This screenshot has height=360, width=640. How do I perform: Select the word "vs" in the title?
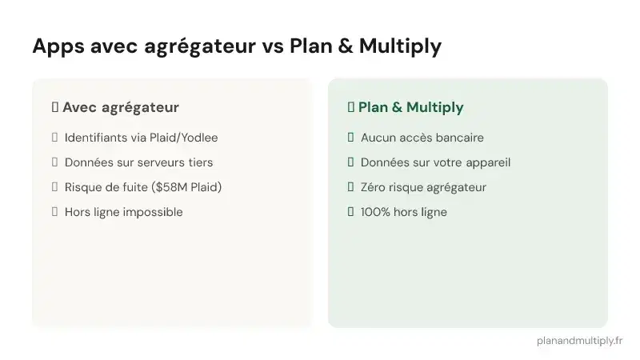[x=271, y=47]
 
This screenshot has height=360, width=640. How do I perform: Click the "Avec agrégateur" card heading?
[x=120, y=107]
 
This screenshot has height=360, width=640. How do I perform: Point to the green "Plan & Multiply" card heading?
[x=410, y=107]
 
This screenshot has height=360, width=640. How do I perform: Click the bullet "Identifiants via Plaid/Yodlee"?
[x=141, y=138]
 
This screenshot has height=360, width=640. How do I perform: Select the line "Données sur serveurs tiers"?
[x=138, y=162]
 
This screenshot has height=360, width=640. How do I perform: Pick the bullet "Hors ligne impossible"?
[x=123, y=212]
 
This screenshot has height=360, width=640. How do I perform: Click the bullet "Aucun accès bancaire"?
[x=422, y=138]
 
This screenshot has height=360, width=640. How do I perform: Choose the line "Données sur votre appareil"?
[x=435, y=162]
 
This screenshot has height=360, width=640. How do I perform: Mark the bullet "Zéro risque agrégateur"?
[x=423, y=187]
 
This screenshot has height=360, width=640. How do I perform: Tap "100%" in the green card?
[x=374, y=212]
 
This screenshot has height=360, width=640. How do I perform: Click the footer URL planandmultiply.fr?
[x=580, y=340]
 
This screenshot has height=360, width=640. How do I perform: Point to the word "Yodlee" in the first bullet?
[x=200, y=138]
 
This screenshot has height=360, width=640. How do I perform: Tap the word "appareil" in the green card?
[x=487, y=162]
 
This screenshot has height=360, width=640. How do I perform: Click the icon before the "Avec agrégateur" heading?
[x=54, y=107]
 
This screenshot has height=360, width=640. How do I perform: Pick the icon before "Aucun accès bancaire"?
[x=350, y=138]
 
